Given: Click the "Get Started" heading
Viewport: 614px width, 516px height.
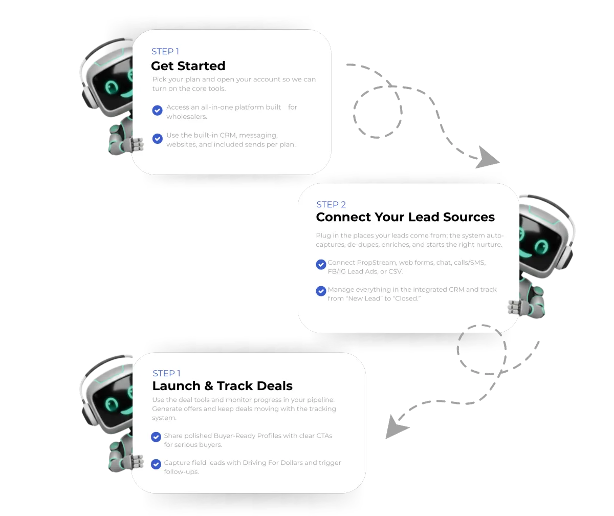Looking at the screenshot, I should (188, 66).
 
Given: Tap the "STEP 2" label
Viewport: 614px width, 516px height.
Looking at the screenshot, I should (331, 205).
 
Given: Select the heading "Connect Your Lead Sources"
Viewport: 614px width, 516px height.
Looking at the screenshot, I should (405, 217).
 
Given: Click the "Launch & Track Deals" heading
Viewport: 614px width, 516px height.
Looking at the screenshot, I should (223, 386).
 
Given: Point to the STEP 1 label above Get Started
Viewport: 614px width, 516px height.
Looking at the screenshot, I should (165, 52).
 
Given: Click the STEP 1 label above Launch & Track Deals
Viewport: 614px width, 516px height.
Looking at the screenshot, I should (167, 374).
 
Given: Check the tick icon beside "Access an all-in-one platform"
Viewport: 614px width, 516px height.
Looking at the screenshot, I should (158, 110).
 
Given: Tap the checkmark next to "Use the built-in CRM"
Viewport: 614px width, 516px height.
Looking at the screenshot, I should (158, 138).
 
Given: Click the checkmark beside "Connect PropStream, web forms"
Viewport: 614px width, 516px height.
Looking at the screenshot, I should (321, 265).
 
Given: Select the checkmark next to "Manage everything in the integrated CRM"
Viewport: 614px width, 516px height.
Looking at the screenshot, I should (321, 291).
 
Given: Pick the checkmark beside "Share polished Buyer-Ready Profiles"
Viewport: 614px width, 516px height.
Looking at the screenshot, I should (156, 437).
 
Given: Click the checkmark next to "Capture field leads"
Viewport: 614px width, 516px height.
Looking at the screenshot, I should (156, 464).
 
